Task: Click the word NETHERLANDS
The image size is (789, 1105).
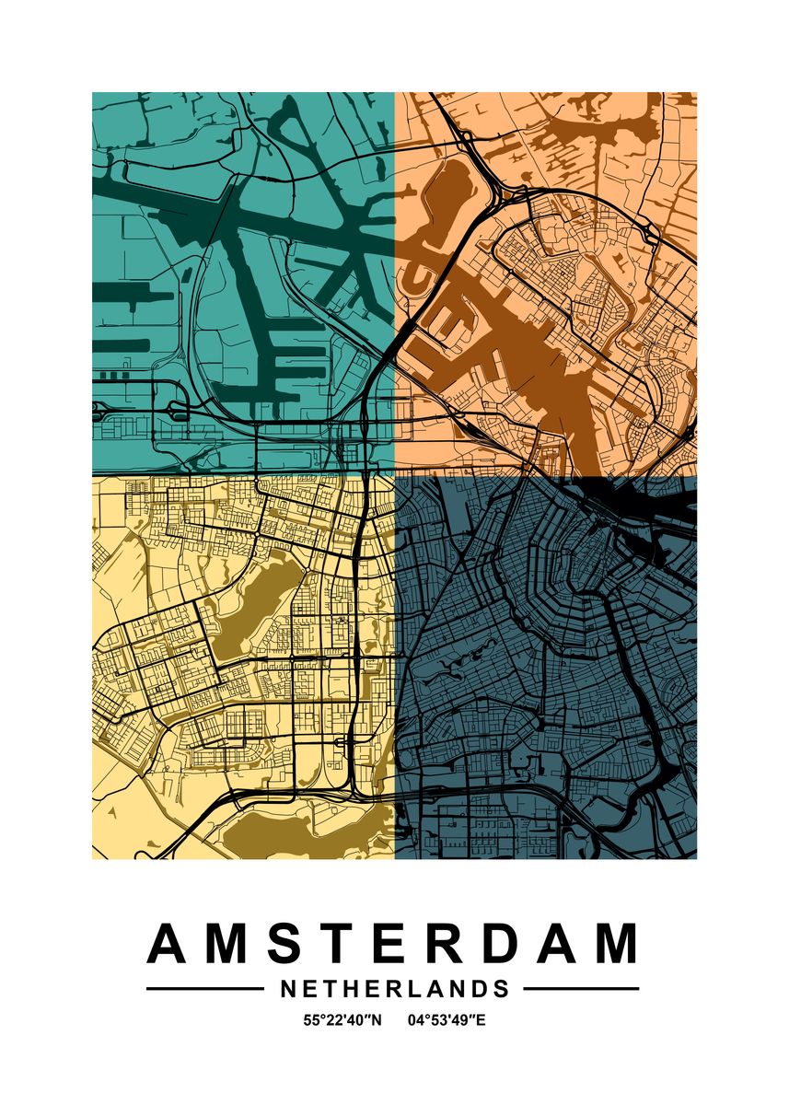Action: pyautogui.click(x=394, y=989)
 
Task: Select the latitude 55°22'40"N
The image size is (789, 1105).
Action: pyautogui.click(x=342, y=1020)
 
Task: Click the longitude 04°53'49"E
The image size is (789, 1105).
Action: pyautogui.click(x=446, y=1020)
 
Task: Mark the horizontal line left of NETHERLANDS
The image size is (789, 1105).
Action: pyautogui.click(x=204, y=989)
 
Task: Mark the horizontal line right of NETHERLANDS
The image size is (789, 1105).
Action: pyautogui.click(x=581, y=989)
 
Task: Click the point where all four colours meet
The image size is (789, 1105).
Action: pyautogui.click(x=395, y=476)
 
